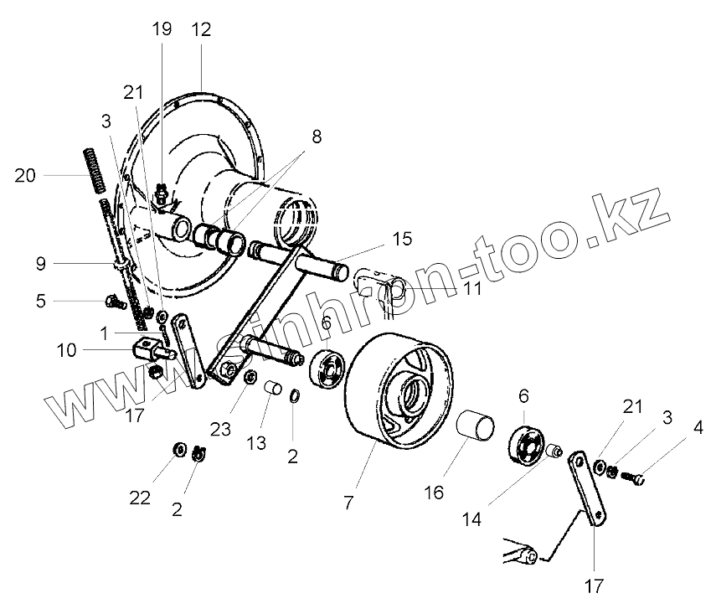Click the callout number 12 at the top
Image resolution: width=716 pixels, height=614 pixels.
(x=201, y=30)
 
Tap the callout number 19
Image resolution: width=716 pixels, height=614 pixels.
(x=162, y=30)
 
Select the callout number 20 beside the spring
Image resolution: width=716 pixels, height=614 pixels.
(x=26, y=175)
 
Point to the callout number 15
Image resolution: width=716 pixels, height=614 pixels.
(x=402, y=240)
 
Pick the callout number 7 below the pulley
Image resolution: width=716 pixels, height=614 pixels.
(x=348, y=503)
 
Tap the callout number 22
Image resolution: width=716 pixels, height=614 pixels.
(x=140, y=498)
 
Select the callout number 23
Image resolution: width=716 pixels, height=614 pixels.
(x=220, y=429)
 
